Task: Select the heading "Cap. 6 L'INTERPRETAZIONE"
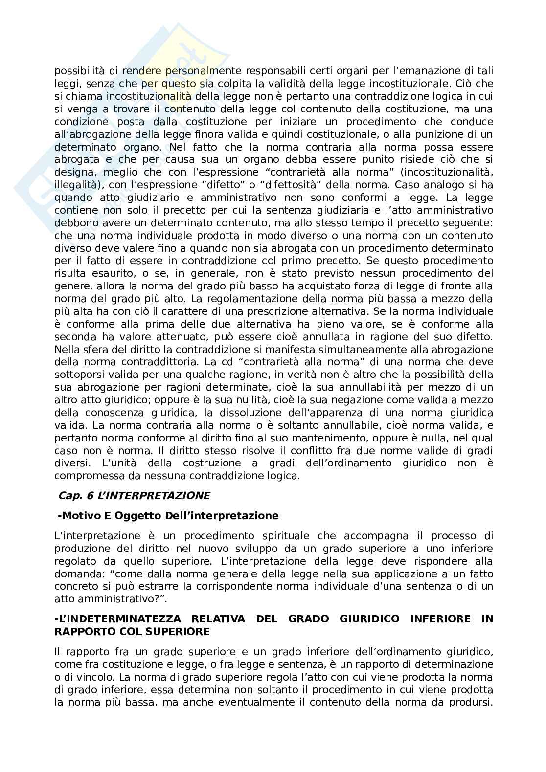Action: point(134,496)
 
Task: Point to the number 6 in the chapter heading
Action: point(91,496)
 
